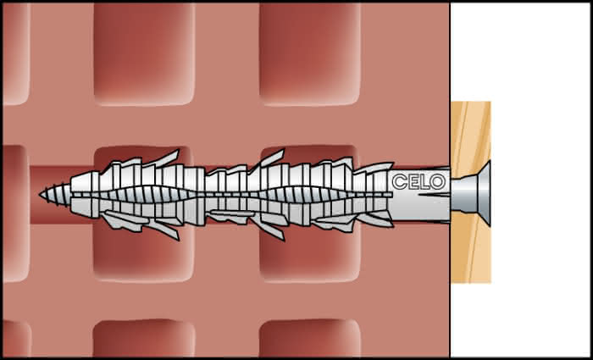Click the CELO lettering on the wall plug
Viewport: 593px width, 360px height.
418,182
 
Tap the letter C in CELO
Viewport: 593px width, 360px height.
399,182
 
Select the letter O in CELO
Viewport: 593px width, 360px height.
438,182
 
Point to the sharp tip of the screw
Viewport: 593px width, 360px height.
40,195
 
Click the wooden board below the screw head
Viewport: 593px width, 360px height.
470,249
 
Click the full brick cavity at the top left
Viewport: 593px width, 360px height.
144,54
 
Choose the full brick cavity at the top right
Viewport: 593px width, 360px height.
310,54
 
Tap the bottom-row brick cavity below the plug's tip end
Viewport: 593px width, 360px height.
144,339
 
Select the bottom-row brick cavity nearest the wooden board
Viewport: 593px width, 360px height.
310,339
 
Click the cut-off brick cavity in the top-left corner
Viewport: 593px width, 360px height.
16,54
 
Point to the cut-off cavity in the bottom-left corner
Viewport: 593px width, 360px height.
17,339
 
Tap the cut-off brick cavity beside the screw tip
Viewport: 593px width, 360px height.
16,213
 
